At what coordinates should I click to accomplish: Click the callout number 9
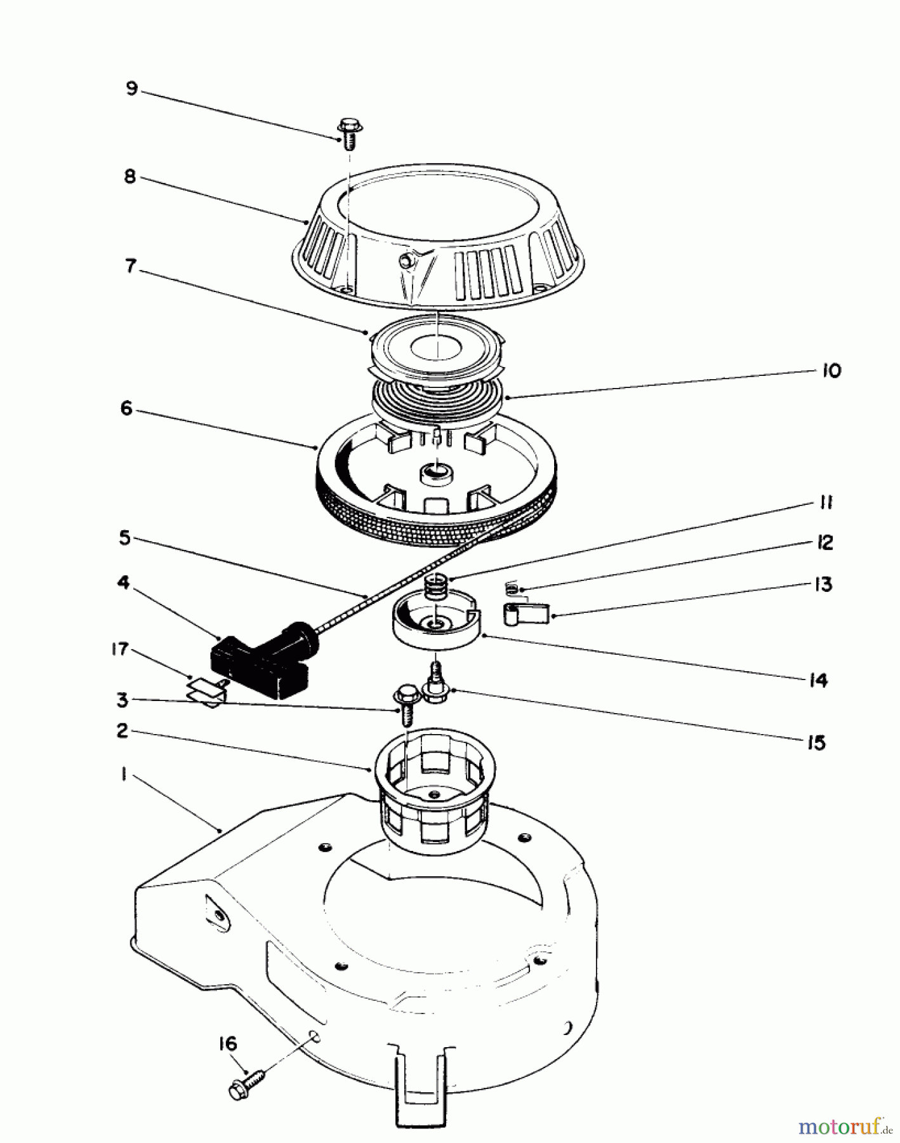coord(131,88)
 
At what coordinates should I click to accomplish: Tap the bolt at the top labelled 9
coord(348,132)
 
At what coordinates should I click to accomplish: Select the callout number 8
coord(129,177)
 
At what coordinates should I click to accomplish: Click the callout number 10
coord(831,370)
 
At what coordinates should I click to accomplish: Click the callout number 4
coord(123,582)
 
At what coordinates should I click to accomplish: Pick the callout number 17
coord(119,649)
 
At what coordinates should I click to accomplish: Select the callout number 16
coord(227,1044)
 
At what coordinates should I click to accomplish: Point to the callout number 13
coord(823,584)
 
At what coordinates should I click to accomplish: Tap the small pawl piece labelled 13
coord(526,614)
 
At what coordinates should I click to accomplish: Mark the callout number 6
coord(126,409)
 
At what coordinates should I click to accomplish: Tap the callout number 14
coord(818,681)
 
